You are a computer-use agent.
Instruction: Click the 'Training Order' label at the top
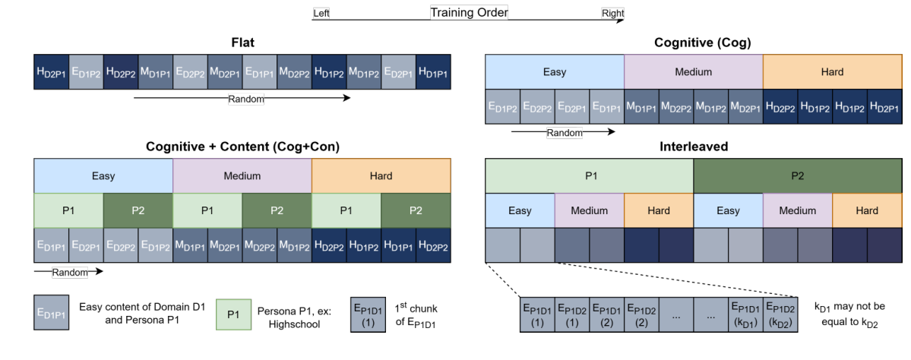point(469,12)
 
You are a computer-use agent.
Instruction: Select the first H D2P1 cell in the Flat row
point(51,72)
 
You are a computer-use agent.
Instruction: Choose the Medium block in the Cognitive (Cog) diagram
point(693,72)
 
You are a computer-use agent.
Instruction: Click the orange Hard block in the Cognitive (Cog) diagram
point(832,72)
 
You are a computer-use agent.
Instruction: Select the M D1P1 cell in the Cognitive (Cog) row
point(641,107)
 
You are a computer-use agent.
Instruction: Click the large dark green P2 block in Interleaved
point(797,176)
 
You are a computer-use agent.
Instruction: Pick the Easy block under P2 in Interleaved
point(728,210)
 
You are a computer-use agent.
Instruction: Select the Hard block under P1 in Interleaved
point(659,210)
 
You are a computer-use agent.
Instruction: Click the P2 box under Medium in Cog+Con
point(277,210)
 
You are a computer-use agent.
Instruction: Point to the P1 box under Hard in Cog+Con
point(346,210)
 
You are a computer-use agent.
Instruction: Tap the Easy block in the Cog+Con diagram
point(103,176)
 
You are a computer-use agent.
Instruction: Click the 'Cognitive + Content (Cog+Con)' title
point(242,146)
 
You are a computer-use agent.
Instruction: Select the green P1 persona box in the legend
point(233,314)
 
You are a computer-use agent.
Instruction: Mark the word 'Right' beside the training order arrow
point(612,14)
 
